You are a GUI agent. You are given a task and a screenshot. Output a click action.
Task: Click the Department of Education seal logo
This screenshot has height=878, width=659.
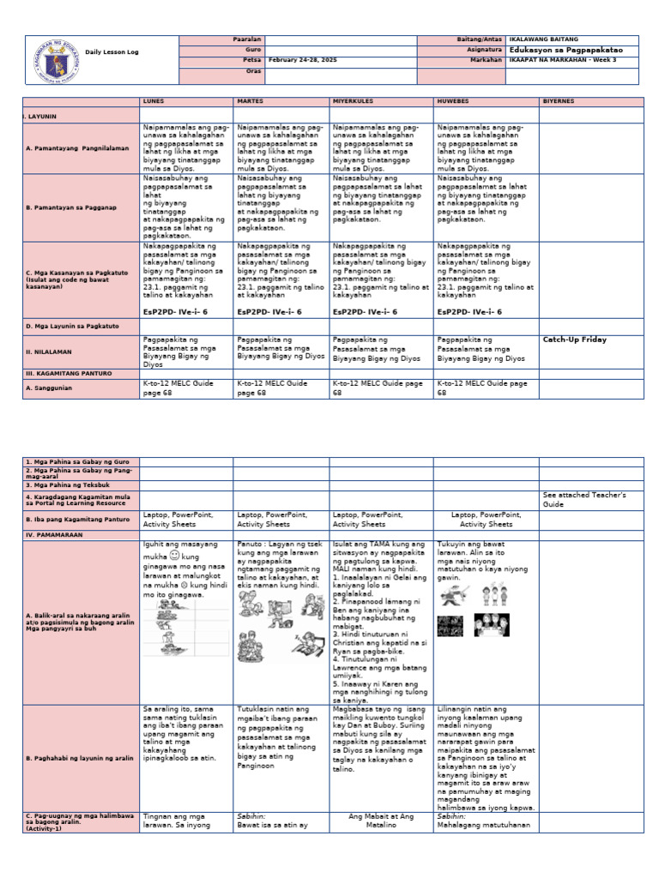pyautogui.click(x=52, y=61)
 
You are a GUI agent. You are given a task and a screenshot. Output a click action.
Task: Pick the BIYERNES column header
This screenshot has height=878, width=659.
pyautogui.click(x=558, y=100)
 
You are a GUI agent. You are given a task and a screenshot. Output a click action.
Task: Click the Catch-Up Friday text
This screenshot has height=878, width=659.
pyautogui.click(x=574, y=340)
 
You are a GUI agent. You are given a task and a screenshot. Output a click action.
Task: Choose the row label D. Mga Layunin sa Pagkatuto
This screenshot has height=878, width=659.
pyautogui.click(x=72, y=327)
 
